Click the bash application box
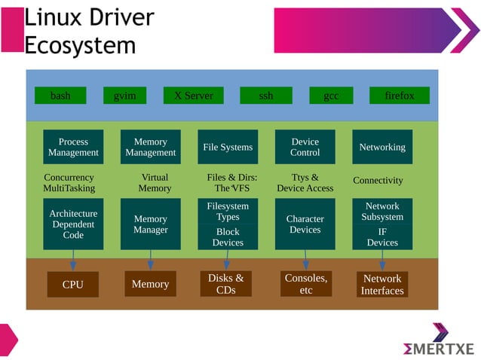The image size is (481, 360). tap(60, 96)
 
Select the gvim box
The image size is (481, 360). tap(124, 96)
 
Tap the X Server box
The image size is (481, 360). tap(194, 96)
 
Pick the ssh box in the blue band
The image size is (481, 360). tap(265, 96)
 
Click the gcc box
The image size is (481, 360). tap(331, 96)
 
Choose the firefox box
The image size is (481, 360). tap(399, 96)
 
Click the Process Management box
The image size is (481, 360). tap(73, 147)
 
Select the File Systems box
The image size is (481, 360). tap(228, 147)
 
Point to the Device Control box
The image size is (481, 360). tap(305, 147)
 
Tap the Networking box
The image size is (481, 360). tap(382, 147)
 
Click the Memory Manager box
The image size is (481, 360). tap(150, 224)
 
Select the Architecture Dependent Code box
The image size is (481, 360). tap(73, 224)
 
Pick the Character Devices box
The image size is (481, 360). tap(305, 224)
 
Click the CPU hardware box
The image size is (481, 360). tap(73, 285)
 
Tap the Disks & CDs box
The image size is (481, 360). tap(225, 284)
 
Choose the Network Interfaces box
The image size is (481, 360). tap(382, 285)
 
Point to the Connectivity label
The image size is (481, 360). tap(378, 181)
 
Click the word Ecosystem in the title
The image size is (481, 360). tap(80, 45)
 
